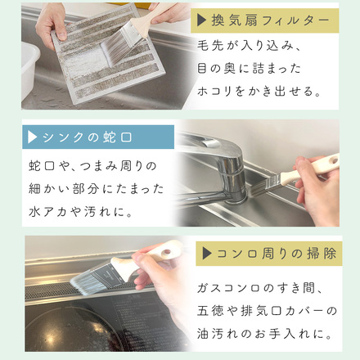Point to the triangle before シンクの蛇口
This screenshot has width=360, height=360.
point(33,137)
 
